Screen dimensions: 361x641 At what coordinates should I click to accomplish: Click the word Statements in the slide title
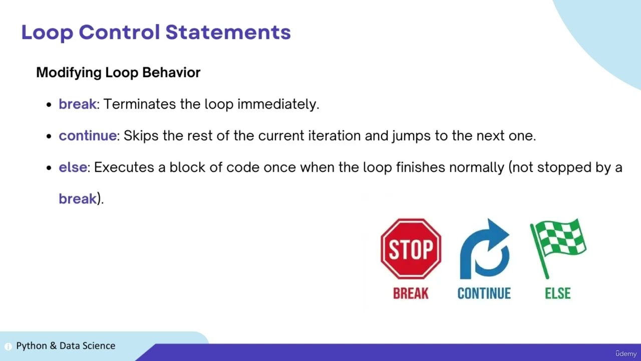pyautogui.click(x=228, y=32)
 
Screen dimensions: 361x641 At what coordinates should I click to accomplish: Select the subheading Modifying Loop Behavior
pyautogui.click(x=118, y=72)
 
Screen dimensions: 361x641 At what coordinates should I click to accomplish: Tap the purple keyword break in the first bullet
pyautogui.click(x=77, y=104)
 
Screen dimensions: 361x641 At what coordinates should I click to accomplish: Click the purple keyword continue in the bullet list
pyautogui.click(x=88, y=135)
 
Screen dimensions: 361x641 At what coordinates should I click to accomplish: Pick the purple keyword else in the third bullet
pyautogui.click(x=73, y=167)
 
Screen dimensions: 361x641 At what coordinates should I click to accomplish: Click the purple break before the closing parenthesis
pyautogui.click(x=78, y=199)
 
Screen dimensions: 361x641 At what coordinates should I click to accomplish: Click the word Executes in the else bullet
pyautogui.click(x=124, y=167)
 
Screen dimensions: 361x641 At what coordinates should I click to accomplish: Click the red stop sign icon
pyautogui.click(x=411, y=249)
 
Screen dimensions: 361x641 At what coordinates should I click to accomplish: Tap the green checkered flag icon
pyautogui.click(x=558, y=247)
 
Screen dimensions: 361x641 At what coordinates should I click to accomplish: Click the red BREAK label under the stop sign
pyautogui.click(x=411, y=293)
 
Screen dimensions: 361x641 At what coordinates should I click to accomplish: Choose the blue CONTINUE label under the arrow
pyautogui.click(x=484, y=293)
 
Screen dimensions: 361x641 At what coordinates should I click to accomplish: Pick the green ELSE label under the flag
pyautogui.click(x=558, y=293)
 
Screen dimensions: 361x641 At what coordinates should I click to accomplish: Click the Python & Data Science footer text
pyautogui.click(x=66, y=345)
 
